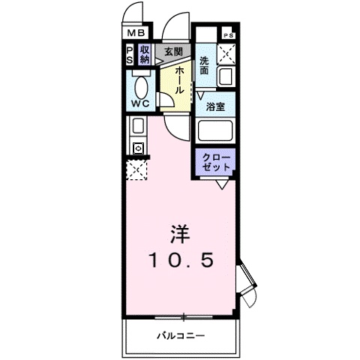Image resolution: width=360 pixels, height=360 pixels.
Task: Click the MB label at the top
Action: (135, 33)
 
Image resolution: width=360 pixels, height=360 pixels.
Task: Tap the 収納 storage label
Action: (144, 54)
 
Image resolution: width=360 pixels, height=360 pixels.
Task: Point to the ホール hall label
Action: (180, 78)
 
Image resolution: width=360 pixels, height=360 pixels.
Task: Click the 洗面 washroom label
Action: (205, 65)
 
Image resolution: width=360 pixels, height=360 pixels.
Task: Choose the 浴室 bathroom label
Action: (217, 106)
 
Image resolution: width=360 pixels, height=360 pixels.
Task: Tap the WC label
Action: (139, 102)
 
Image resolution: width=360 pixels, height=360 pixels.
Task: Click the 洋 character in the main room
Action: (180, 233)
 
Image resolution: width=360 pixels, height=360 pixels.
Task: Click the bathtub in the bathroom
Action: (217, 132)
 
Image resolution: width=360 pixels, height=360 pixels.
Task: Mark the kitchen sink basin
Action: (139, 125)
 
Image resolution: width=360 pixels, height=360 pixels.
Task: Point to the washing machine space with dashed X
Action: (226, 55)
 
